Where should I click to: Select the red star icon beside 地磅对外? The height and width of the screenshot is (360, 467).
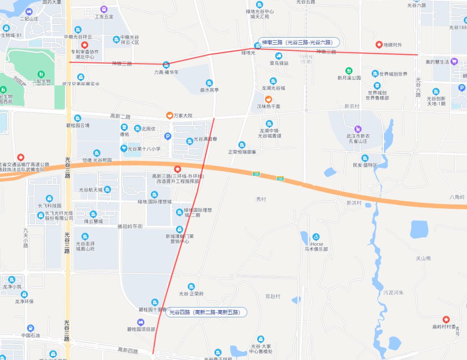(379, 45)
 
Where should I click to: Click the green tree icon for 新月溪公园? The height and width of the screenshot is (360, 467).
(349, 70)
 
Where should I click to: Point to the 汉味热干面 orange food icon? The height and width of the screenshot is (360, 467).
(268, 99)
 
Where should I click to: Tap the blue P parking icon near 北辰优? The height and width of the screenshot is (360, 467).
(168, 137)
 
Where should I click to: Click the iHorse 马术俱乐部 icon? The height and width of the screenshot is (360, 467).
(316, 237)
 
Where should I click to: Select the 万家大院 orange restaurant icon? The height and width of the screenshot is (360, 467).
(170, 115)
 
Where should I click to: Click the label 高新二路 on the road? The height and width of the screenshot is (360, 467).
(120, 117)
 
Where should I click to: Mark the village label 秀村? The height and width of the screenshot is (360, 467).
(261, 199)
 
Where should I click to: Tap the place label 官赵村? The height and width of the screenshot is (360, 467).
(273, 296)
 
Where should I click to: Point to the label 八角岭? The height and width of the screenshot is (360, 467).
(457, 197)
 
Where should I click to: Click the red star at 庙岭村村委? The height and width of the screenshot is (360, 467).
(446, 319)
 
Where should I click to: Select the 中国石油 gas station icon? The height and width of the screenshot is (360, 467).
(30, 328)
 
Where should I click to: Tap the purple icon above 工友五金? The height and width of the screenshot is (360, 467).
(104, 9)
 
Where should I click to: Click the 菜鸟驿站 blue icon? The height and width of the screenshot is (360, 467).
(279, 56)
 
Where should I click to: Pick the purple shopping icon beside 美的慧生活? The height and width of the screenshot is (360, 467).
(454, 62)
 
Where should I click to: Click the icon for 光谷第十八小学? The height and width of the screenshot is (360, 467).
(124, 149)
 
